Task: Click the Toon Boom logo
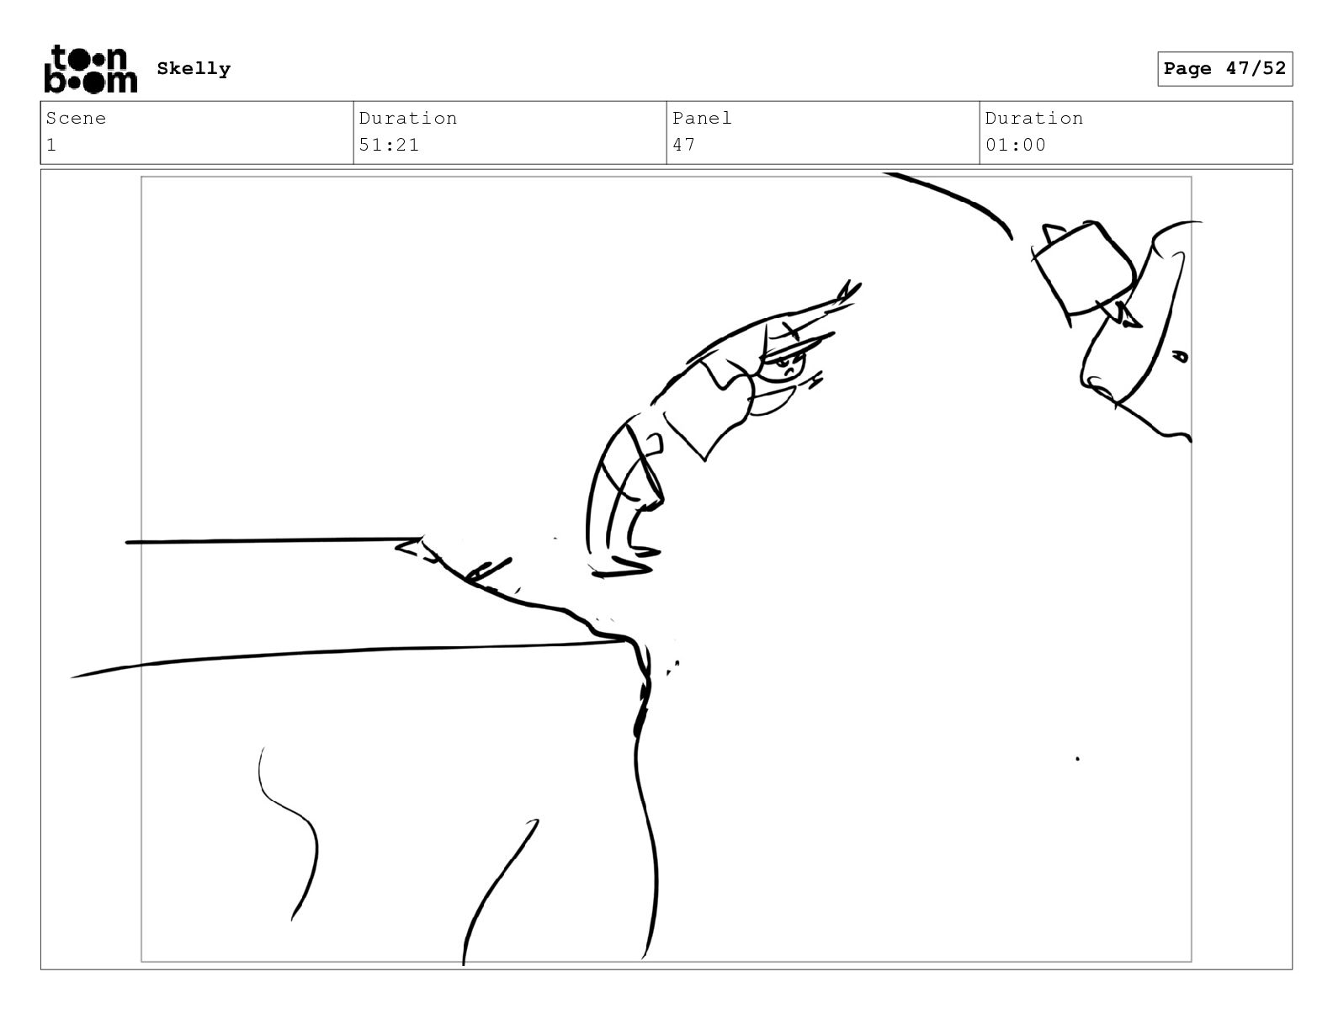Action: click(x=91, y=69)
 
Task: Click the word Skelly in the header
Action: click(x=194, y=68)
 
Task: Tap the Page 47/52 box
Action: click(x=1224, y=69)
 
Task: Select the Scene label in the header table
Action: click(x=76, y=118)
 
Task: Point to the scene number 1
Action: click(x=51, y=145)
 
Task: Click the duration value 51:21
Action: click(x=389, y=145)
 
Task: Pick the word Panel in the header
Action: click(x=702, y=118)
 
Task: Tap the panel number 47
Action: click(x=683, y=145)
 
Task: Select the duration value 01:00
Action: click(x=1015, y=145)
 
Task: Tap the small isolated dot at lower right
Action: click(x=1077, y=759)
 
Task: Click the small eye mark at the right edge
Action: click(x=1179, y=355)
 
